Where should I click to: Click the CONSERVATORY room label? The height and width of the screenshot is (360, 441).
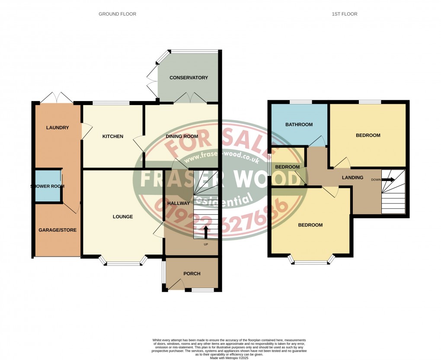(x=189, y=78)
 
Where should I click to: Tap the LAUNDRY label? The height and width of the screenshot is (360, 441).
(x=58, y=127)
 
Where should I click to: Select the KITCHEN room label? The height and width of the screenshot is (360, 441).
(x=112, y=137)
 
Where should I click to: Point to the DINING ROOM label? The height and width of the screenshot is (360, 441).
(x=182, y=137)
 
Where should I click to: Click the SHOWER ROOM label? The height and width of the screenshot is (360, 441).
(x=48, y=186)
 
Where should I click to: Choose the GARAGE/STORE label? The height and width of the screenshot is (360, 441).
(x=58, y=230)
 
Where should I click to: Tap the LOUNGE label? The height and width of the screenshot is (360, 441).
(x=123, y=217)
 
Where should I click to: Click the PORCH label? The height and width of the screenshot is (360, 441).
(x=192, y=274)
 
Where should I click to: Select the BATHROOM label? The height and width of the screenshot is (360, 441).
(x=299, y=125)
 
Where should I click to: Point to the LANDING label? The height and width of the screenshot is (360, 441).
(x=352, y=178)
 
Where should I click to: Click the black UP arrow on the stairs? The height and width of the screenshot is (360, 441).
(x=205, y=231)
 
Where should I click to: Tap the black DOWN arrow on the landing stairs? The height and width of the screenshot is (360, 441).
(x=388, y=179)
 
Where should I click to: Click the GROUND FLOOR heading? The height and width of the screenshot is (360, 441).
(x=117, y=14)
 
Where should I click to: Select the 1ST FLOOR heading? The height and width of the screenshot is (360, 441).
(x=344, y=14)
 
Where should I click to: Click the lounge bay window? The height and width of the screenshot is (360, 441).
(x=124, y=262)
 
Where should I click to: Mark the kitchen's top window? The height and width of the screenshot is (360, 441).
(x=111, y=103)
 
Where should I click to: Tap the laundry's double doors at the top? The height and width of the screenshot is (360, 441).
(x=57, y=98)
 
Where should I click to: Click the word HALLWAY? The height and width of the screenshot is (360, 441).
(x=178, y=203)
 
